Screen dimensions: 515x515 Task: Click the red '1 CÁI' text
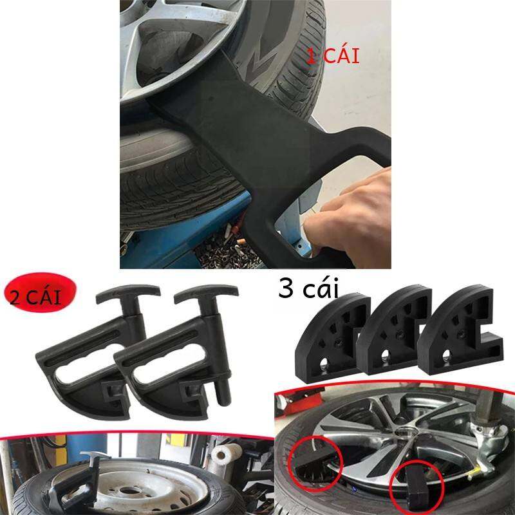(333, 56)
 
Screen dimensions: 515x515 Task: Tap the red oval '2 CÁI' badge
(40, 292)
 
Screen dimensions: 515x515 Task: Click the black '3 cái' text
(308, 288)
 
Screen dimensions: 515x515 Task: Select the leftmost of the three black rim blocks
(332, 339)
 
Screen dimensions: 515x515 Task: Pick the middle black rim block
(393, 332)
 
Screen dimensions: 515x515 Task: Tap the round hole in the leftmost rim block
(324, 362)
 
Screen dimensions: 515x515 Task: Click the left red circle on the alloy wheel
(315, 464)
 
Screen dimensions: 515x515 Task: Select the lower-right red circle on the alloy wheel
(417, 488)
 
